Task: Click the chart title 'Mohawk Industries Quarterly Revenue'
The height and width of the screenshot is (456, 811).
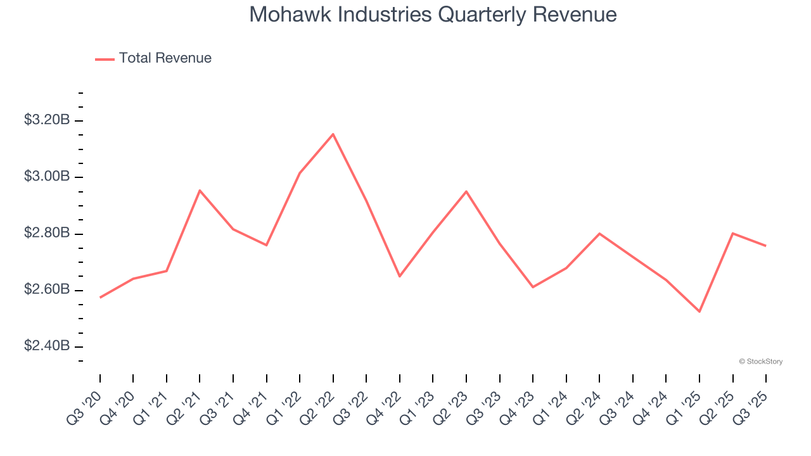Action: click(433, 15)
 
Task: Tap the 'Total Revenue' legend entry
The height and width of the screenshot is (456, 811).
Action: click(153, 58)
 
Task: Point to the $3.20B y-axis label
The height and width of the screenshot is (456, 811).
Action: click(47, 120)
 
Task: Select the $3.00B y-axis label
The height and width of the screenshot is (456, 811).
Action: click(47, 176)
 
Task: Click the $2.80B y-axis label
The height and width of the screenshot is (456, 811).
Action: click(47, 233)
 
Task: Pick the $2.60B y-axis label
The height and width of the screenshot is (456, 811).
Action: click(47, 289)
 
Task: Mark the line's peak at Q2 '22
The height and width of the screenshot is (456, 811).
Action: click(333, 134)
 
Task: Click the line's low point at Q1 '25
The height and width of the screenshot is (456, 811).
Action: click(699, 312)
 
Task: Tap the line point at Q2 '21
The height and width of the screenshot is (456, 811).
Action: click(200, 190)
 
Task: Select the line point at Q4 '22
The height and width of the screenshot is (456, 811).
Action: click(400, 276)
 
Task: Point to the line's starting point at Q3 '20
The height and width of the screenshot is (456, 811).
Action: click(100, 298)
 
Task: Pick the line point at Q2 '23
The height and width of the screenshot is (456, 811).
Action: click(466, 191)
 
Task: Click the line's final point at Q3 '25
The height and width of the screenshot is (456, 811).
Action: click(766, 246)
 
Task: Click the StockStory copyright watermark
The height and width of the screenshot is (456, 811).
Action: click(760, 362)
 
